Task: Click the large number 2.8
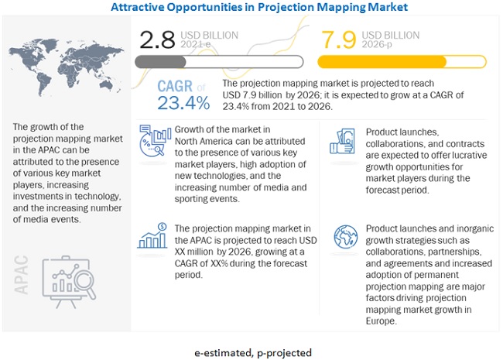pos(157,39)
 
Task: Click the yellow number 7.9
pos(339,39)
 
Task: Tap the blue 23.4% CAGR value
pos(183,103)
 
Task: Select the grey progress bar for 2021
pos(219,62)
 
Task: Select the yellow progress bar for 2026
pos(402,62)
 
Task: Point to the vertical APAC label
pos(22,275)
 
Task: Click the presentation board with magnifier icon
pos(69,282)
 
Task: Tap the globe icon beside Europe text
pos(345,237)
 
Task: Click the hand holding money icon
pos(342,141)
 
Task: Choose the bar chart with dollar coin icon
pos(152,236)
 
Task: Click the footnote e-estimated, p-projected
pos(253,353)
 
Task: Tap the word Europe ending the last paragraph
pos(381,321)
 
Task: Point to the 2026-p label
pos(377,44)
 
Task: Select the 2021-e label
pos(195,44)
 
